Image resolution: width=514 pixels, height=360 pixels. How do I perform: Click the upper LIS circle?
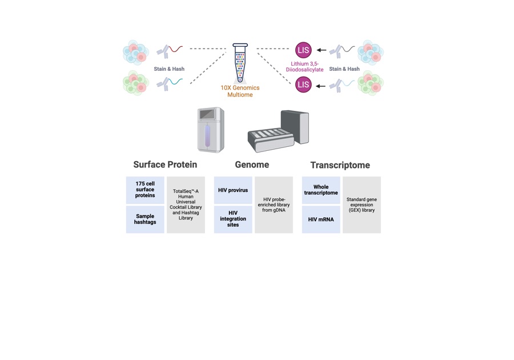click(303, 50)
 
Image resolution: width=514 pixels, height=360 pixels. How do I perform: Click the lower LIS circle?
click(303, 85)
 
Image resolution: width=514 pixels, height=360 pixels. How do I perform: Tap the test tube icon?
click(240, 63)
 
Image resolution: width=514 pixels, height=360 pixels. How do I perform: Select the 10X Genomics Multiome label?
click(240, 91)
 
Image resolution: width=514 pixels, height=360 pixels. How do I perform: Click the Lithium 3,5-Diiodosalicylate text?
click(307, 66)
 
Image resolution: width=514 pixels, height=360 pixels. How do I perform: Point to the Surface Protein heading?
click(165, 165)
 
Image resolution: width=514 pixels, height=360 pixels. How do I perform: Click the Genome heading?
click(252, 165)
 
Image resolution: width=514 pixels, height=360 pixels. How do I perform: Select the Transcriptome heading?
click(340, 165)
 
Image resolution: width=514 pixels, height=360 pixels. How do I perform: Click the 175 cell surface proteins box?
click(145, 190)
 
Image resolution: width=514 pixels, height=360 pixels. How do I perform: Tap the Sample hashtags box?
click(145, 219)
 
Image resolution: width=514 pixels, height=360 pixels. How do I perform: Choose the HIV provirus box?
click(233, 190)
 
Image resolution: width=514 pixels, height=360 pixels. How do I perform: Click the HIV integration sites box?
click(233, 219)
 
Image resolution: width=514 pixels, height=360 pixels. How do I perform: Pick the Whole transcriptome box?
click(321, 190)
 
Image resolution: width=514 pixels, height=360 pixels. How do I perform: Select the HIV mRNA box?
click(321, 219)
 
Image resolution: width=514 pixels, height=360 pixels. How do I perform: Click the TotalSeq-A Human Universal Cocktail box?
click(186, 205)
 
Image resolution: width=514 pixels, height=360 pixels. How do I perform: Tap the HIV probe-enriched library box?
click(274, 205)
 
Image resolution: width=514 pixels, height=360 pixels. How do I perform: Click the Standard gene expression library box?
click(362, 205)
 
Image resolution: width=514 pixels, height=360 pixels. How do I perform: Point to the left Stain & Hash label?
click(169, 69)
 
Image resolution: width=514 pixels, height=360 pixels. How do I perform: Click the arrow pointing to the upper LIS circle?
click(322, 50)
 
